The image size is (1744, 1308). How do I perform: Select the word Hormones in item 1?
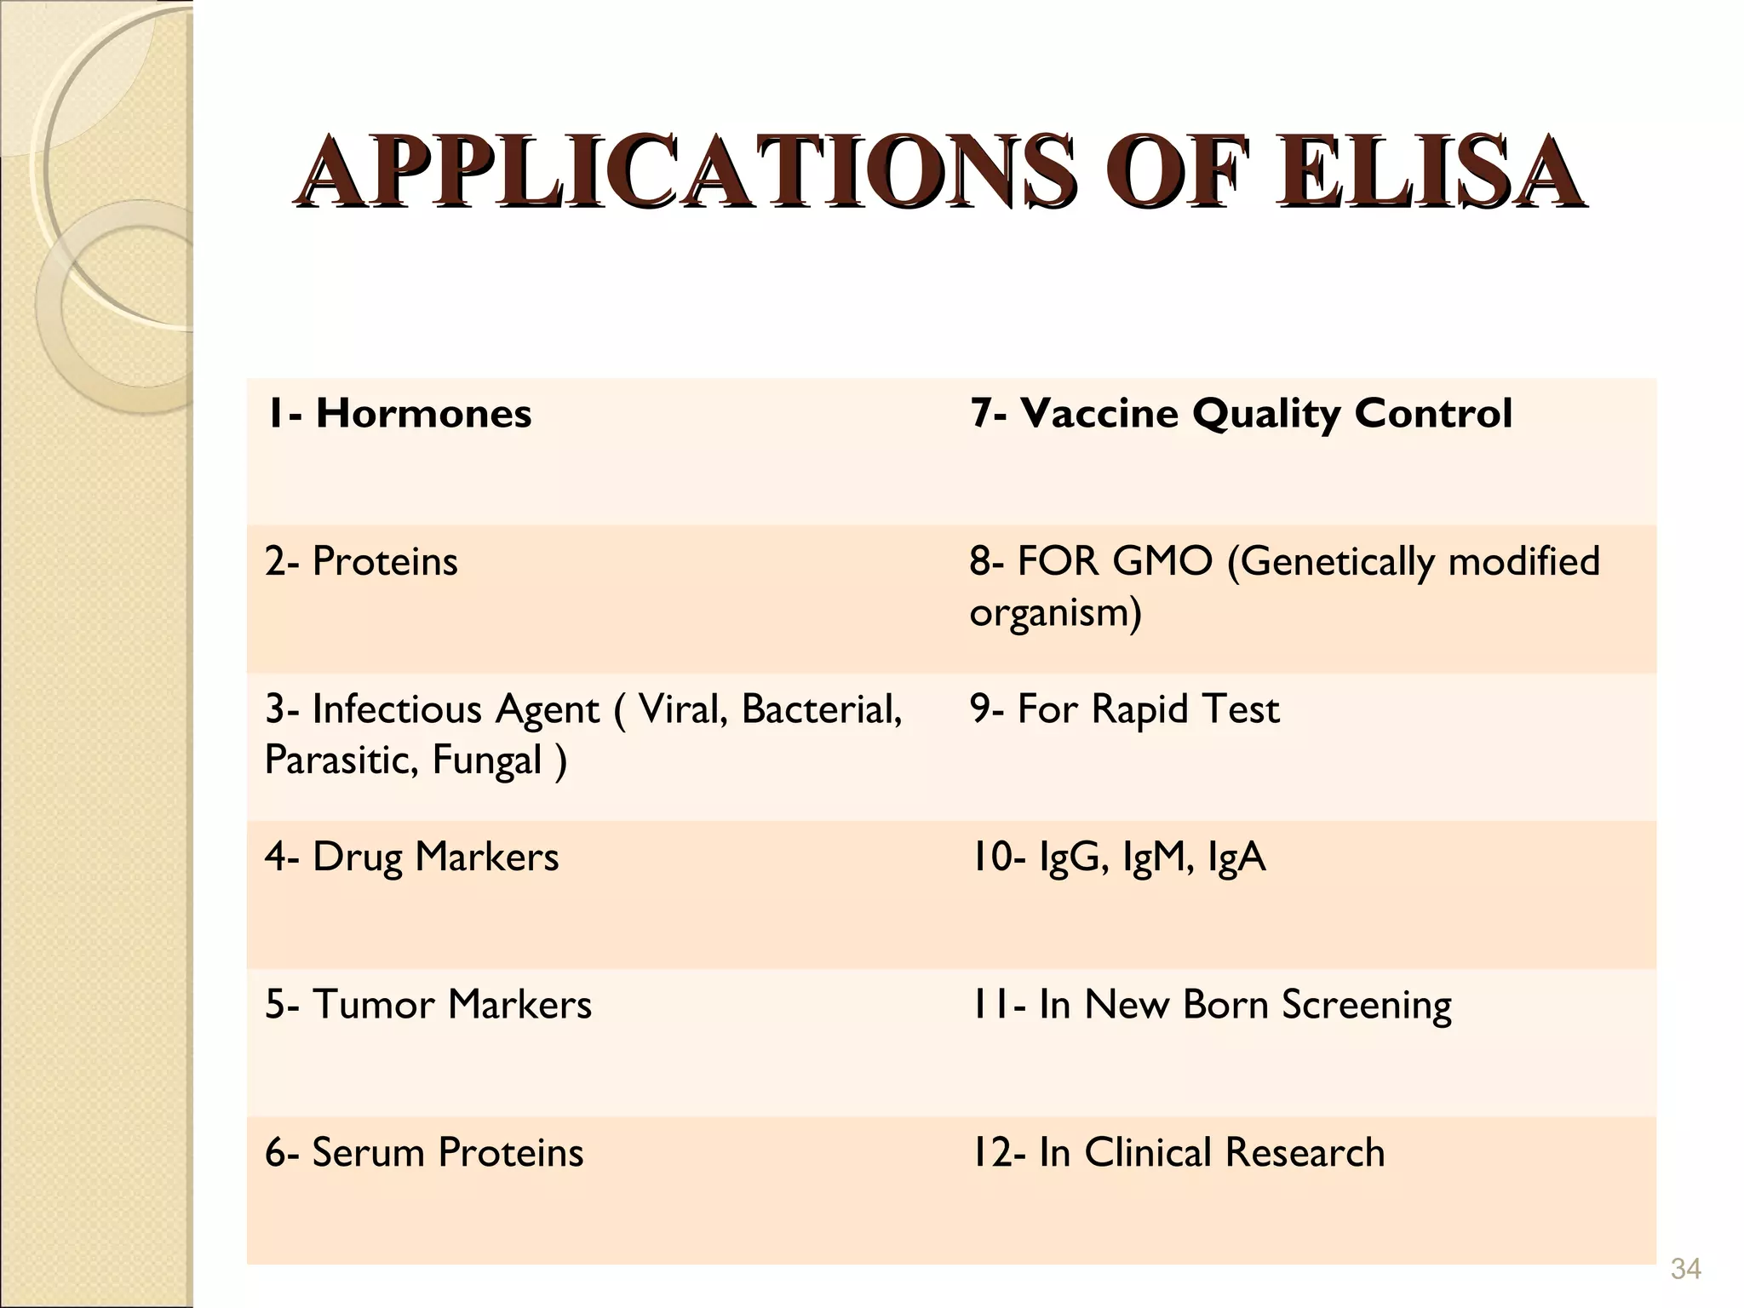pyautogui.click(x=423, y=414)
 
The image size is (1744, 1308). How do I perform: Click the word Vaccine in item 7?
pyautogui.click(x=1099, y=414)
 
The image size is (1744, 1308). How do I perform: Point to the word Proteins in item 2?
pyautogui.click(x=385, y=561)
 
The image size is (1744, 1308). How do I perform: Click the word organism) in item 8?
pyautogui.click(x=1055, y=612)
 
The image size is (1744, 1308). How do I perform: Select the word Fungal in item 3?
pyautogui.click(x=487, y=760)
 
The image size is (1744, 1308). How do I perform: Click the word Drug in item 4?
pyautogui.click(x=358, y=857)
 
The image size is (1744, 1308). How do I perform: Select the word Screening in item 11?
pyautogui.click(x=1366, y=1005)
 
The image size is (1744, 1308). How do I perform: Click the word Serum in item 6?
pyautogui.click(x=368, y=1153)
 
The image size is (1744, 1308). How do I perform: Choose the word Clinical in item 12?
pyautogui.click(x=1147, y=1153)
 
